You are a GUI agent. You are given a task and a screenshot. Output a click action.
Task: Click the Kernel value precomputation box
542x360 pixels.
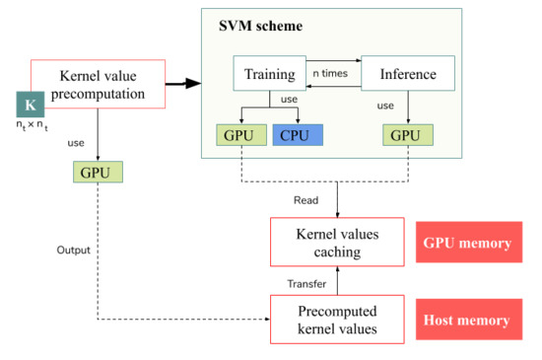coord(98,84)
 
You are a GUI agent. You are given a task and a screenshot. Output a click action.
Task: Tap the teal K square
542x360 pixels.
coord(31,105)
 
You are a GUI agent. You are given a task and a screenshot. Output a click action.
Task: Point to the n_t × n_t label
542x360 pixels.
coord(32,125)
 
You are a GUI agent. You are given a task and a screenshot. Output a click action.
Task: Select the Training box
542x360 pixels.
coord(270,73)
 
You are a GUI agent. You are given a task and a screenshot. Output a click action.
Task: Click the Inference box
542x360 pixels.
coord(408,73)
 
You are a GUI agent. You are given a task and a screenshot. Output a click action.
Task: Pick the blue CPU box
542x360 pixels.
coord(298,135)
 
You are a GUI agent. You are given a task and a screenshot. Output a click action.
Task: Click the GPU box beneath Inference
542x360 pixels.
coord(408,135)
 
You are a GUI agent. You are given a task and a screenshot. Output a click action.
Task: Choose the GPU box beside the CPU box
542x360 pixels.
coord(241,135)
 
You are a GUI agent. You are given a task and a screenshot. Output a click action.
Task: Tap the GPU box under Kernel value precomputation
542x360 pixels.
coord(98,172)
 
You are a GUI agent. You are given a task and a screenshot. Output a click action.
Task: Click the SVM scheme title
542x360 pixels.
coord(260,26)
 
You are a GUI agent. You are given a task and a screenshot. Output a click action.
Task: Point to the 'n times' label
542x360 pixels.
coord(330,73)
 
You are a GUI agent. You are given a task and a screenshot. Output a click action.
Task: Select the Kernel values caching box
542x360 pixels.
coord(337,242)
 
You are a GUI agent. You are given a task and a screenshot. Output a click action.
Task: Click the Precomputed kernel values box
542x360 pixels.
coord(337,320)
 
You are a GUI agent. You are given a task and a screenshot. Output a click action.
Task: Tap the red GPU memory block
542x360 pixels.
coord(469,242)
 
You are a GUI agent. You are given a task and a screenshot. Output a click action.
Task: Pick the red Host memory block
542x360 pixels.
coord(469,320)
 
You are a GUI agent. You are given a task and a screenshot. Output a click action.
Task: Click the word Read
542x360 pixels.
coord(305,200)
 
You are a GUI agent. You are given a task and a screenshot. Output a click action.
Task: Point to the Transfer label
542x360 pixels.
coord(306,284)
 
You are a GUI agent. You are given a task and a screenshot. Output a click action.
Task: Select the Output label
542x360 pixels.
coord(73,251)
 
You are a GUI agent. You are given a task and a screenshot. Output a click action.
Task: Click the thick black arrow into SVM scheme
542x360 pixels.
coord(183,84)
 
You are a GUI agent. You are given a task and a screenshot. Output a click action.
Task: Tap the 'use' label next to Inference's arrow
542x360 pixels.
coord(385,106)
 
